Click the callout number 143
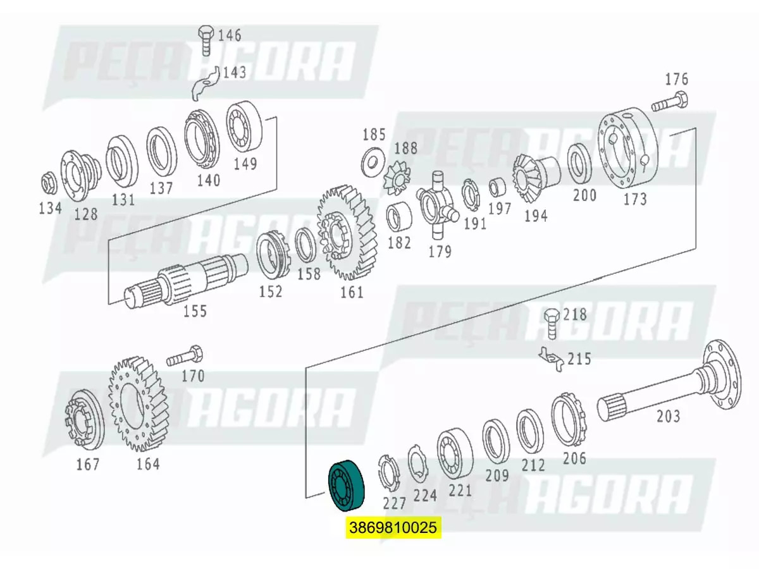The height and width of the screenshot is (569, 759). [234, 73]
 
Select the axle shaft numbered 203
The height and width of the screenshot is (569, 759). [670, 386]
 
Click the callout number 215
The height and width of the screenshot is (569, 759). [579, 359]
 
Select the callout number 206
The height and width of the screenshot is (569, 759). [574, 458]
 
